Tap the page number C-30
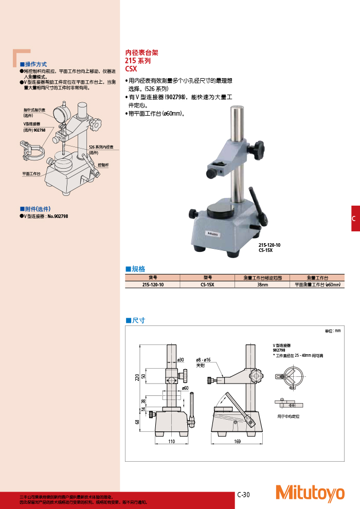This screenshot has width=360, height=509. click(x=243, y=495)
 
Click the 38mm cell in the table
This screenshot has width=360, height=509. click(x=262, y=284)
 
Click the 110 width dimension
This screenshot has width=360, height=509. click(x=172, y=442)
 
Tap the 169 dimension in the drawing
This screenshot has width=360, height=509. click(x=238, y=442)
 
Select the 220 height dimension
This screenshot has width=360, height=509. click(x=137, y=378)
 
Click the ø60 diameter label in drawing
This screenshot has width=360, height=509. click(x=185, y=388)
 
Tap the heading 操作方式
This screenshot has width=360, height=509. click(x=36, y=64)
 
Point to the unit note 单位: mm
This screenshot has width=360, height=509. click(x=333, y=331)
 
